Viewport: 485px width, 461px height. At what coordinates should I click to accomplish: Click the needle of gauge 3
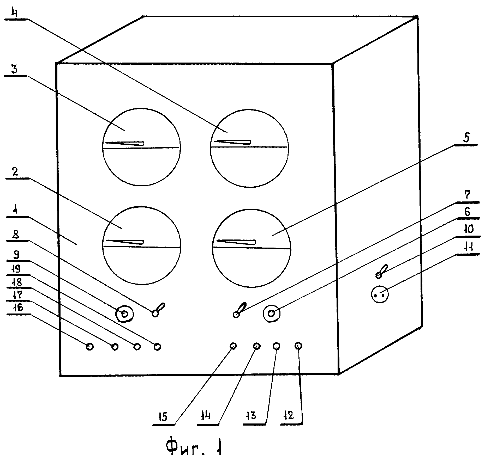click(125, 143)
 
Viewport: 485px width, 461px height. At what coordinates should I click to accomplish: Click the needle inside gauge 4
click(232, 142)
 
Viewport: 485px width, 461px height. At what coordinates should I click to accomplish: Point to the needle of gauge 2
click(124, 242)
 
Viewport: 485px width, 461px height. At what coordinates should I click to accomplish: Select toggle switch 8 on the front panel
click(158, 310)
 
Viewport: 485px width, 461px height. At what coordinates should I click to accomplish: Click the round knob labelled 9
click(125, 315)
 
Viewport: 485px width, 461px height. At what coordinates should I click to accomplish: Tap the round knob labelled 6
click(272, 313)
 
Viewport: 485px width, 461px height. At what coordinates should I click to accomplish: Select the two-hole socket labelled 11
click(380, 295)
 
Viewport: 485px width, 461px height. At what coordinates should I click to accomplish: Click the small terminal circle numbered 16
click(90, 347)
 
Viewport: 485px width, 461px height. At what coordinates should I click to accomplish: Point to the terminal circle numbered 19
click(157, 347)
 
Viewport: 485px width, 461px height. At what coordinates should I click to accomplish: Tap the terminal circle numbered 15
click(233, 346)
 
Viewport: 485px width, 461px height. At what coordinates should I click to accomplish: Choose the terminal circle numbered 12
click(298, 346)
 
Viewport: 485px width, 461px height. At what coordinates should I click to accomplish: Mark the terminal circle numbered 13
click(277, 346)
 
